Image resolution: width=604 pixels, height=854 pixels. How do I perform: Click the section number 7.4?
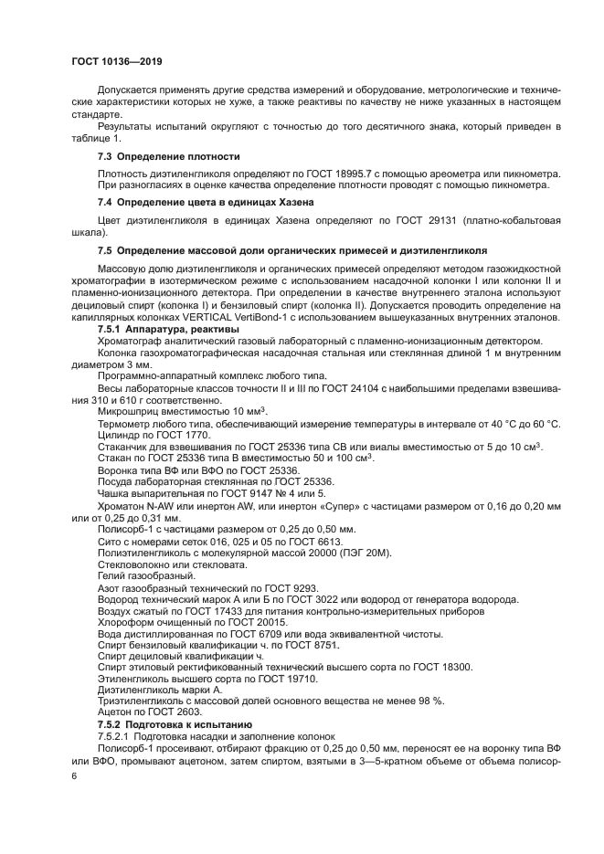coord(105,201)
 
